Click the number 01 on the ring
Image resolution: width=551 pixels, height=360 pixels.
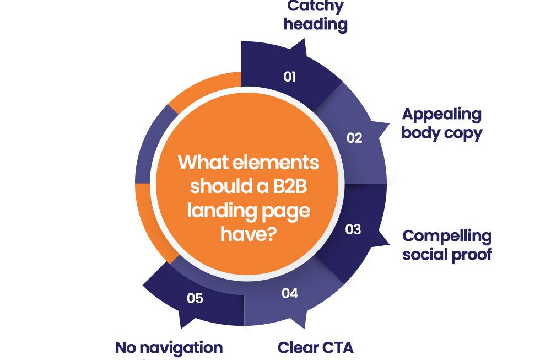tap(290, 76)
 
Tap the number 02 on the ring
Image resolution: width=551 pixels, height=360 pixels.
tap(354, 138)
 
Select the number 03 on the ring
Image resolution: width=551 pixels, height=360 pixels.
tap(353, 229)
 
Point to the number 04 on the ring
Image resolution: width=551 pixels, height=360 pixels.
tap(290, 293)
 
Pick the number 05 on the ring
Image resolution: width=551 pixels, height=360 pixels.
tap(195, 298)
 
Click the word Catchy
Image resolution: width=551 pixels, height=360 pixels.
tap(316, 7)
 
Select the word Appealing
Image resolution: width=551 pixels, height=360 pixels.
tap(441, 114)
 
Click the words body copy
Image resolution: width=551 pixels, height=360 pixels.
tap(441, 133)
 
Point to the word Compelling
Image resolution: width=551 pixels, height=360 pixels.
tap(447, 236)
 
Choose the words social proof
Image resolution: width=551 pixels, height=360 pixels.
tap(447, 254)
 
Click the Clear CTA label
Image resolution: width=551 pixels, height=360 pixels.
tap(315, 348)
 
